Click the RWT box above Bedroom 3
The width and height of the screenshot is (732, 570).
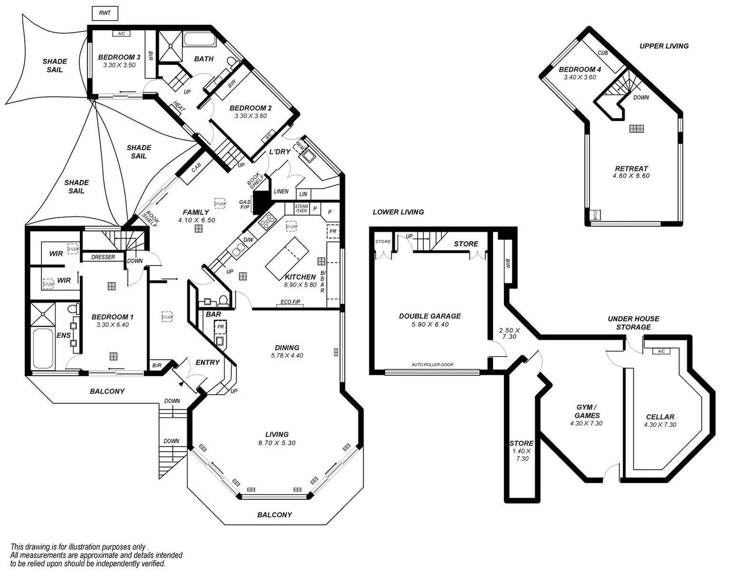105,12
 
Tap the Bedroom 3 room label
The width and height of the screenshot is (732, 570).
119,57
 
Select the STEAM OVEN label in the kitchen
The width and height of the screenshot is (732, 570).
301,208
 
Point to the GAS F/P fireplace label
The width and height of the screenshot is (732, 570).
245,205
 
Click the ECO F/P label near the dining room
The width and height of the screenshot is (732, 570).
290,303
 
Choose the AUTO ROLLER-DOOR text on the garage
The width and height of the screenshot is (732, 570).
432,365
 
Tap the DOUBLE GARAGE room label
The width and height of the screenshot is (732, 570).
430,316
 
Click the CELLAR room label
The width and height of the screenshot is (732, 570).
660,416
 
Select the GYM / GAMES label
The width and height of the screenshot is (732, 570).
587,411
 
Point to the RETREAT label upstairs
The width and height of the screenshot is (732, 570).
631,168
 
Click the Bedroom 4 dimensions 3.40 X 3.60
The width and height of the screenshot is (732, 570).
579,77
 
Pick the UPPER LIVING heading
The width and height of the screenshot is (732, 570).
664,46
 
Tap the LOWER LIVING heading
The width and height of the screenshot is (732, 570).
398,212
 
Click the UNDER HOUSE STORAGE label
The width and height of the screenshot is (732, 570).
633,323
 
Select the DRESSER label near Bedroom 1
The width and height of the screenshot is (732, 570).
103,257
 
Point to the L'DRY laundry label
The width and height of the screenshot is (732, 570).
280,151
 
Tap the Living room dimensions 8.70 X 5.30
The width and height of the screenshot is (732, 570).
277,443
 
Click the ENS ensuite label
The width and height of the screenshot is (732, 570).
63,335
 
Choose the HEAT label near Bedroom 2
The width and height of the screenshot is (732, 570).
178,107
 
